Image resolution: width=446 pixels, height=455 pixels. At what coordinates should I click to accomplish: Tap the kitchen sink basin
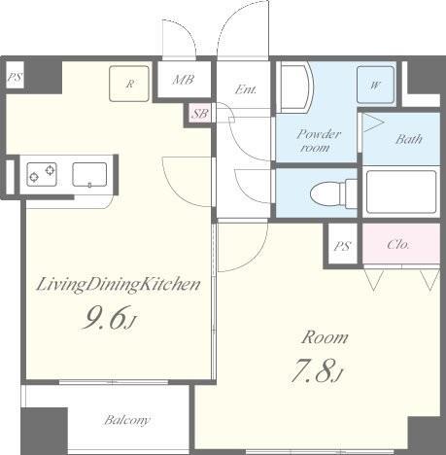point(89,174)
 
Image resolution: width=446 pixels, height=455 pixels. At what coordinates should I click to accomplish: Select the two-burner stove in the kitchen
point(42,174)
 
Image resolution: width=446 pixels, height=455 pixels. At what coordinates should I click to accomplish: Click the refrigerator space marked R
point(129,84)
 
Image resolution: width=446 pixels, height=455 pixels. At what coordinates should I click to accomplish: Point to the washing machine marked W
point(375,85)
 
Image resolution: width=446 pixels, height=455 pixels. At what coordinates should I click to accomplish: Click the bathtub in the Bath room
point(401,192)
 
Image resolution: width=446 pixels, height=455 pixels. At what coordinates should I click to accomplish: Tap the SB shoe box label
point(200,114)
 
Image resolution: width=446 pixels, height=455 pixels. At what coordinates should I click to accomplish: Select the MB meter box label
point(183,80)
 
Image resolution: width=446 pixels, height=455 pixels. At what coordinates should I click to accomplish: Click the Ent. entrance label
point(246,89)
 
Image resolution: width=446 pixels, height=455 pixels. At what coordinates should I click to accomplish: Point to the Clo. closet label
point(398,244)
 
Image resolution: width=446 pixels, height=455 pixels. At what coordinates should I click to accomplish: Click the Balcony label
point(127,420)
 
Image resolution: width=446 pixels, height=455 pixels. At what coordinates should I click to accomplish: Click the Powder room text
point(318,140)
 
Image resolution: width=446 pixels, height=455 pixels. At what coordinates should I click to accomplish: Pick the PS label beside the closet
point(342,246)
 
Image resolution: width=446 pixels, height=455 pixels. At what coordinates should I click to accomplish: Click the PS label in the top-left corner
point(15,77)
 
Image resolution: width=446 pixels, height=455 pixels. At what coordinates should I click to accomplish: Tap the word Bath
point(409,139)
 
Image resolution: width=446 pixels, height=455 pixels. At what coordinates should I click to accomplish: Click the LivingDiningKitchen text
point(119,285)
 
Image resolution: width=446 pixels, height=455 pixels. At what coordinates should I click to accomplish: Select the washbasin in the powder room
point(294,87)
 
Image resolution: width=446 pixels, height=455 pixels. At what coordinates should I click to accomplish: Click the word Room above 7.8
point(325,337)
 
